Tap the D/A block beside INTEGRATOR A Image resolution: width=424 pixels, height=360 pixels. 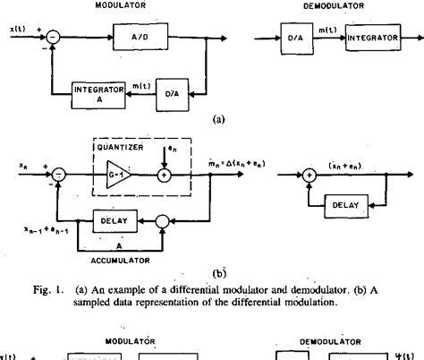174,92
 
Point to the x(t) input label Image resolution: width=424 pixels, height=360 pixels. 15,31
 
